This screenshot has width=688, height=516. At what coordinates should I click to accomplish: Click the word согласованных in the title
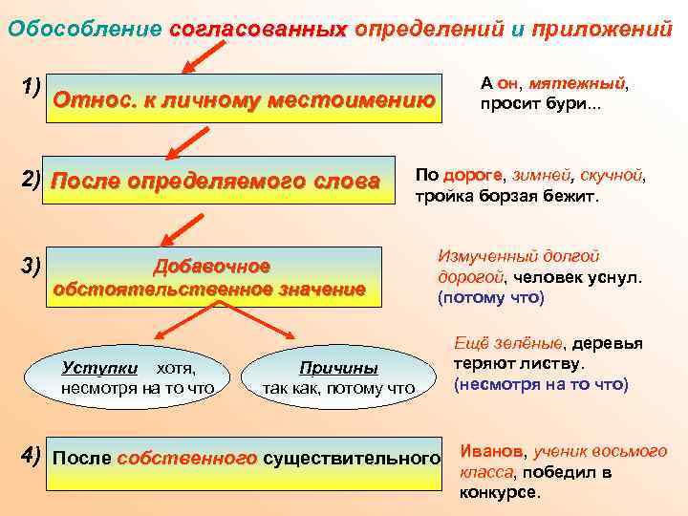(x=257, y=30)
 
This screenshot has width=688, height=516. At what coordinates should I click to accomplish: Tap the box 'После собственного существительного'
(x=245, y=458)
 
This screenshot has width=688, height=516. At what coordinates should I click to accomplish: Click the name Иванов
(x=492, y=450)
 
